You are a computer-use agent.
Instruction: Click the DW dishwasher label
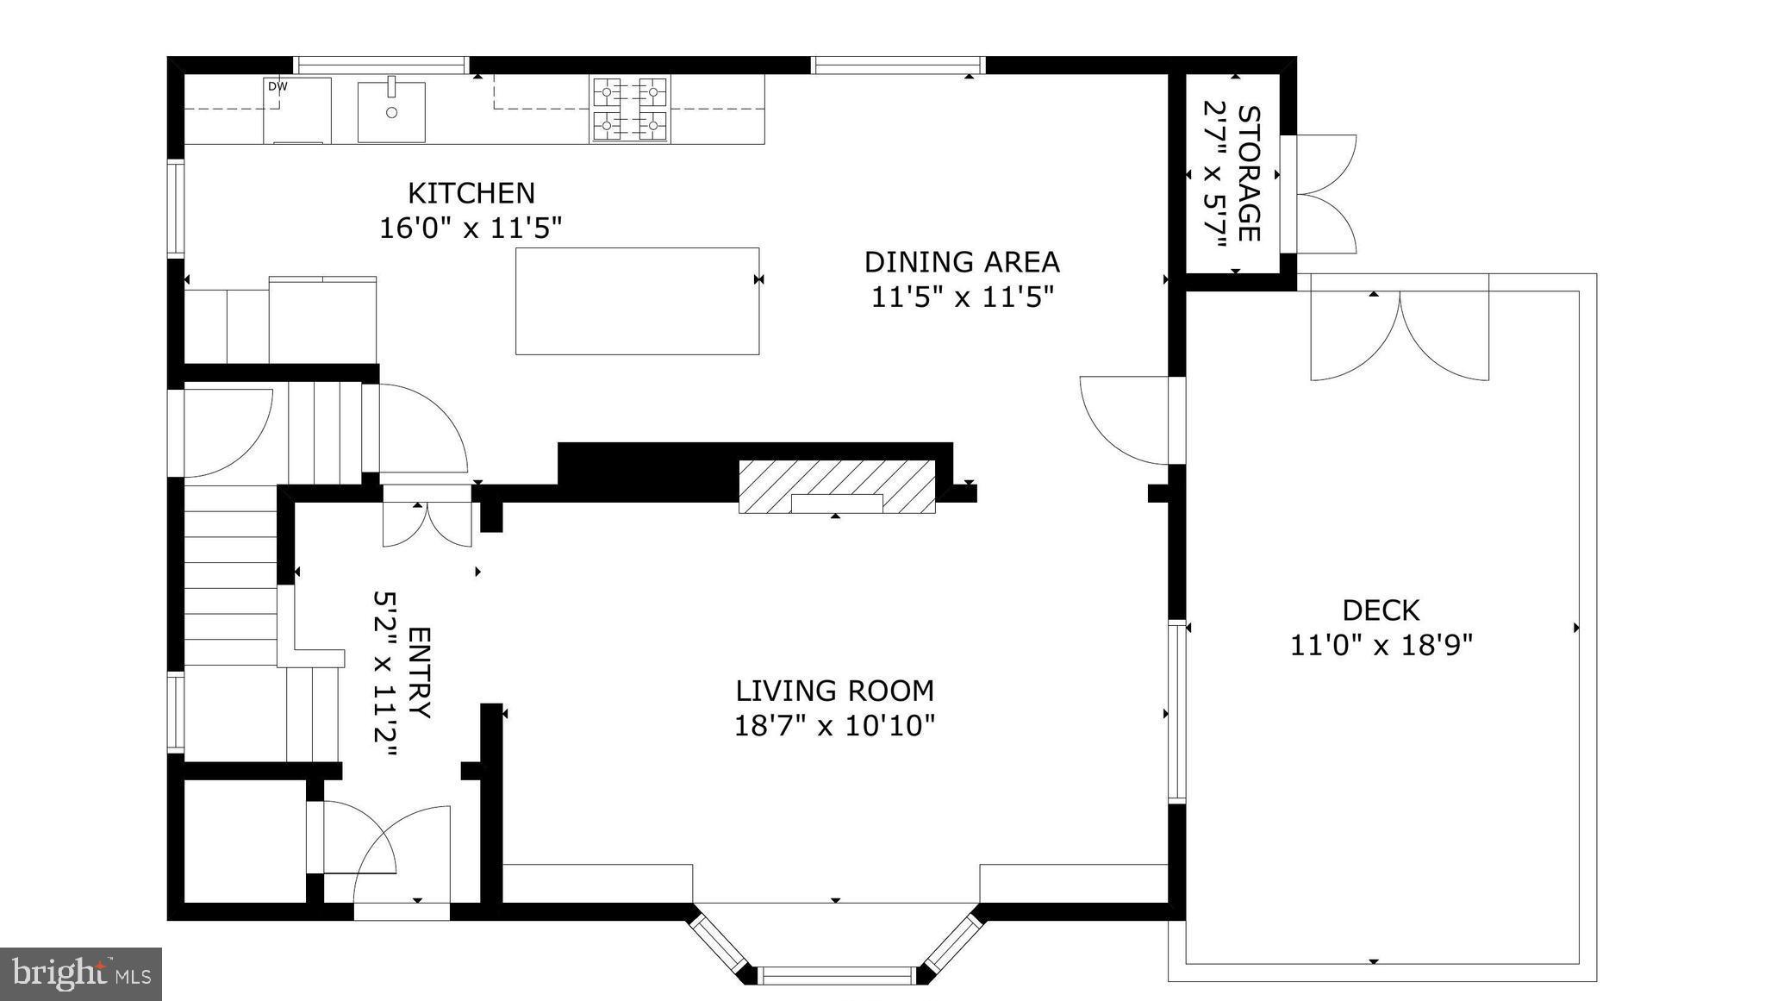[x=277, y=86]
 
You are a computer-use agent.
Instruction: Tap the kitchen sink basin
[x=391, y=112]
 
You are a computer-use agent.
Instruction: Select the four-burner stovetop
[x=630, y=109]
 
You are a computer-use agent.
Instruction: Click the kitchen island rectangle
[x=637, y=301]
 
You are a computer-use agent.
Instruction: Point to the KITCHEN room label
[x=471, y=192]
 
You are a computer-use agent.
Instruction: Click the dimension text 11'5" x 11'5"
[x=962, y=297]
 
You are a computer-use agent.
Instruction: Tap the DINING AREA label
[x=962, y=261]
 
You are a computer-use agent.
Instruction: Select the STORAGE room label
[x=1249, y=173]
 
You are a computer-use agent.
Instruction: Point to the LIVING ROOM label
[x=834, y=691]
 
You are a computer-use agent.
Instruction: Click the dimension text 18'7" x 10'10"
[x=834, y=726]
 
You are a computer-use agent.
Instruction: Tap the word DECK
[x=1381, y=610]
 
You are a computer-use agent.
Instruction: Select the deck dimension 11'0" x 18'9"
[x=1381, y=645]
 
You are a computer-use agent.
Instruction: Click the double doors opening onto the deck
[x=1400, y=332]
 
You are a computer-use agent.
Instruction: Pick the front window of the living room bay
[x=835, y=975]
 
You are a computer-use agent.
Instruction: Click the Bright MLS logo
[x=81, y=974]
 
